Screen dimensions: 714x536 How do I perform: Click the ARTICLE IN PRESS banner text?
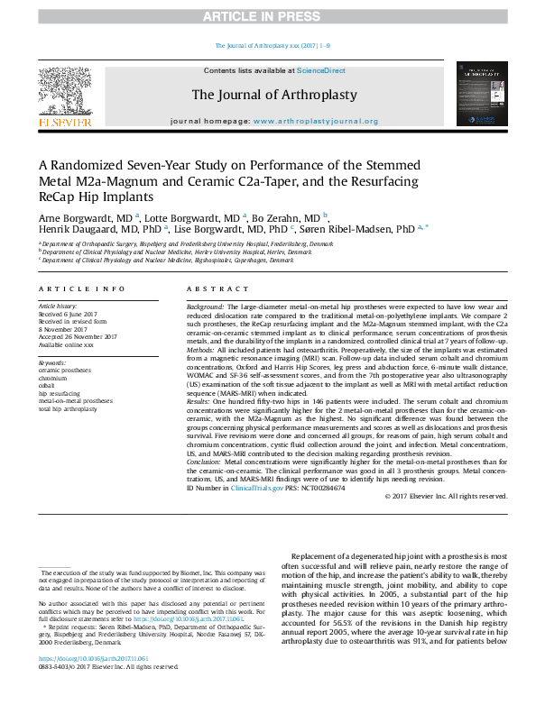pyautogui.click(x=268, y=16)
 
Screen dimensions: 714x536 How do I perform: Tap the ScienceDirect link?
pyautogui.click(x=321, y=70)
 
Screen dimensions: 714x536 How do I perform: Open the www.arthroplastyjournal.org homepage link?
pyautogui.click(x=316, y=121)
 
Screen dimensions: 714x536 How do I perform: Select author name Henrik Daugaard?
pyautogui.click(x=74, y=230)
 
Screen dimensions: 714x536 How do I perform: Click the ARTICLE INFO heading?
pyautogui.click(x=82, y=288)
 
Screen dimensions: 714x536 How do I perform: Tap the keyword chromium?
pyautogui.click(x=54, y=379)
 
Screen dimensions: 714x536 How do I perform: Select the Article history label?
pyautogui.click(x=58, y=307)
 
